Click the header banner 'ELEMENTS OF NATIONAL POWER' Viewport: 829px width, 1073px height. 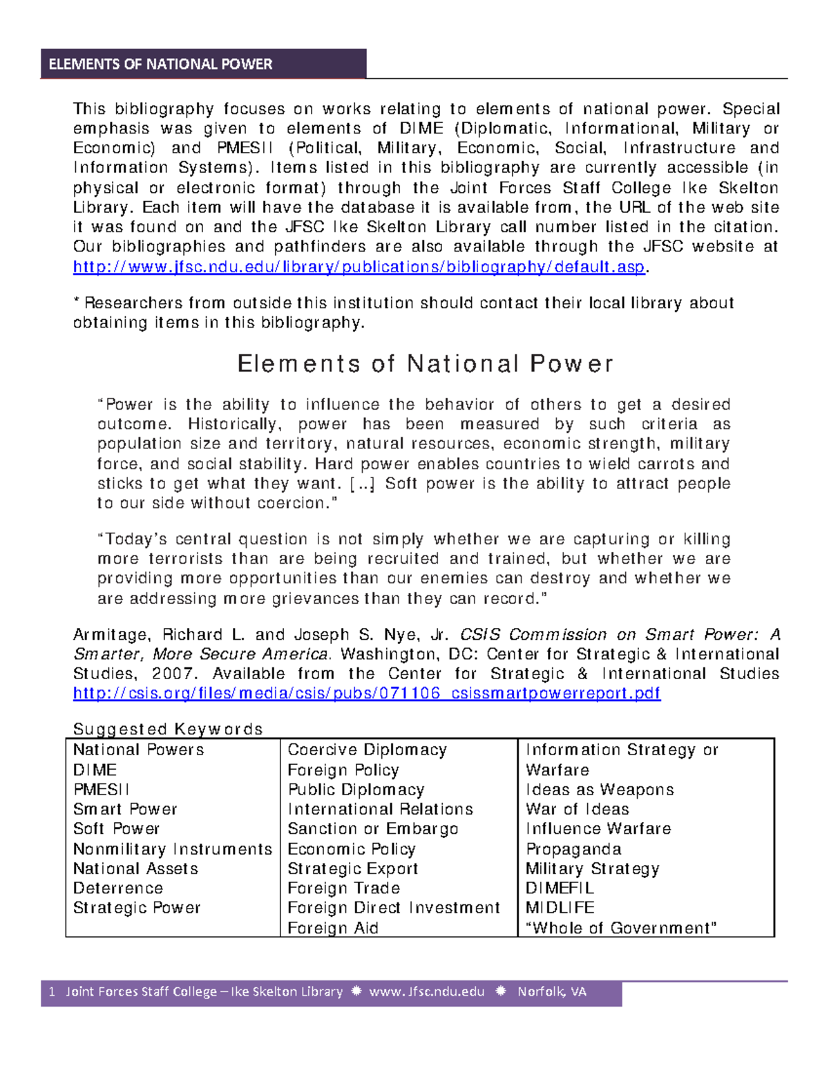(160, 64)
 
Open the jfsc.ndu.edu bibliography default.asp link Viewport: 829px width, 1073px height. (359, 267)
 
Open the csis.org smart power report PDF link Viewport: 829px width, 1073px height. (367, 693)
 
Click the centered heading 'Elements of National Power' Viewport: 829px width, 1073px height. (425, 364)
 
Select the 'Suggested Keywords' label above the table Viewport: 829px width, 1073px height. (168, 729)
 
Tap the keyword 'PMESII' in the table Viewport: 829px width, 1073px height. (101, 789)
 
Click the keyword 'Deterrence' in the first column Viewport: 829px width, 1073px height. (118, 888)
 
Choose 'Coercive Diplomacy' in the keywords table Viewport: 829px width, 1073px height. (367, 750)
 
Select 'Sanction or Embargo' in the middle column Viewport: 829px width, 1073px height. (372, 828)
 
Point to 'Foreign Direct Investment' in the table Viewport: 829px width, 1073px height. (393, 907)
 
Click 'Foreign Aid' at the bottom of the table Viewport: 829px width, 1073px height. (333, 928)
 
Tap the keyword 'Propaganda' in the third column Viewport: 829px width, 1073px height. (573, 848)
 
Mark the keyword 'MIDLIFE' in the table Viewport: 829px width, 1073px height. (560, 907)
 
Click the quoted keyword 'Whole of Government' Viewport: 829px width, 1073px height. (621, 928)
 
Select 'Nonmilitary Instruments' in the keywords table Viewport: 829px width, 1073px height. (173, 848)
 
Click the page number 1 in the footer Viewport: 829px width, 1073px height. (52, 992)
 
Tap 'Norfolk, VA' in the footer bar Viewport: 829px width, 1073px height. (551, 992)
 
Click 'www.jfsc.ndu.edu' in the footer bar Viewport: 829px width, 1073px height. (426, 992)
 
